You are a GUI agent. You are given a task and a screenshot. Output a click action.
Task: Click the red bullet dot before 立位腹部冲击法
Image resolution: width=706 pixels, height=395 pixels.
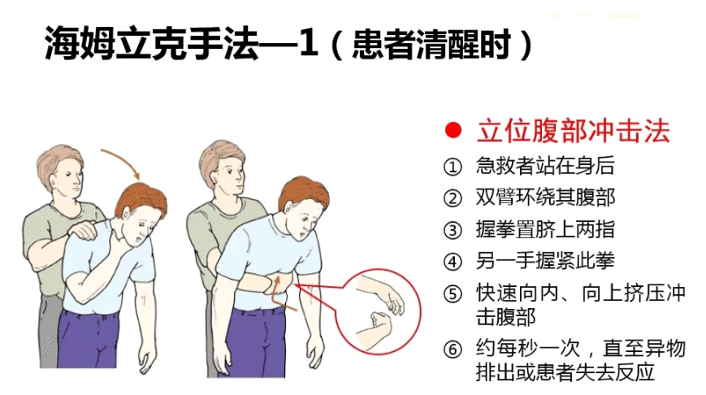click(453, 131)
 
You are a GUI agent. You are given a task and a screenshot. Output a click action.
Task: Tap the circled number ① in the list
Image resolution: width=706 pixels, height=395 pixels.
click(453, 167)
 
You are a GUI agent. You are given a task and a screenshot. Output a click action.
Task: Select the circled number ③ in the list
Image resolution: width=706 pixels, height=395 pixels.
click(453, 230)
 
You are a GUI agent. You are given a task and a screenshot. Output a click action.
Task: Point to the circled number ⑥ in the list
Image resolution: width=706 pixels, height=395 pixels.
click(453, 349)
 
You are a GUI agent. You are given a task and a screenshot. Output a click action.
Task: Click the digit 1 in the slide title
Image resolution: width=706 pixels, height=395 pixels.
click(309, 44)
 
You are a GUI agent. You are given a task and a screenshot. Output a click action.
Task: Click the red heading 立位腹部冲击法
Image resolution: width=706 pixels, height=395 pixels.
click(574, 131)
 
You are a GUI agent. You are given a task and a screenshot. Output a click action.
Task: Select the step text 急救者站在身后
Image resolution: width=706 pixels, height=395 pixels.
click(545, 166)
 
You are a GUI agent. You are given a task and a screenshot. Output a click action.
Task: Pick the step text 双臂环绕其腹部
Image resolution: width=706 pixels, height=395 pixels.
click(545, 197)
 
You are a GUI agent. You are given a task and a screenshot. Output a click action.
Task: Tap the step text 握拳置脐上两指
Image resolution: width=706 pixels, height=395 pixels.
click(545, 229)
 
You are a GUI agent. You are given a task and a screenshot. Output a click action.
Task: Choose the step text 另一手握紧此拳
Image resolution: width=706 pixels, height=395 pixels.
click(545, 261)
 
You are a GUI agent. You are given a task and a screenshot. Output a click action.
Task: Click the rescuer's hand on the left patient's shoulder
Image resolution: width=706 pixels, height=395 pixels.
click(84, 230)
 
